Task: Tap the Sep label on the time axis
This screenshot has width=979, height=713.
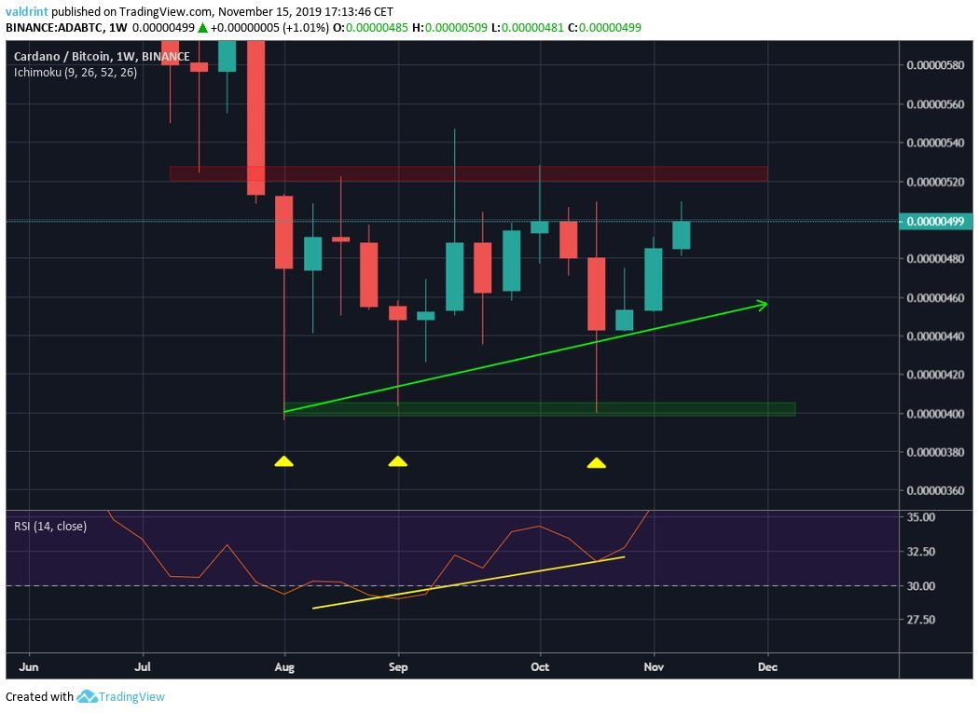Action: (398, 667)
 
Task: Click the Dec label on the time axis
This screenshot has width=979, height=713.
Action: (767, 667)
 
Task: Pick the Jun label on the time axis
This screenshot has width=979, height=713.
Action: (29, 667)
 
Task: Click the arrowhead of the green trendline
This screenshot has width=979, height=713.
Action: (763, 304)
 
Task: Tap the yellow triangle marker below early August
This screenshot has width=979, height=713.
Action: (284, 460)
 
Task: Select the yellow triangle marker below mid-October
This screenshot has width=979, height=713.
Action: (596, 462)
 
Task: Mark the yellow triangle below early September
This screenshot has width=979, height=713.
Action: (398, 460)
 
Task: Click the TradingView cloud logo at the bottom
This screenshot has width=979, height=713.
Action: (88, 696)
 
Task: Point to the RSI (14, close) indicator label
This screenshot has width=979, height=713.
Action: (50, 527)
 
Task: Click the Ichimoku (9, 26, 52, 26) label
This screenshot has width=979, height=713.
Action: (76, 72)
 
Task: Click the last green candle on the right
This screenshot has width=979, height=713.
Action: (682, 235)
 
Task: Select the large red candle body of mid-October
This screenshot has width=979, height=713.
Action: (596, 294)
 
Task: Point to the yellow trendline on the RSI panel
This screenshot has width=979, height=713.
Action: (466, 583)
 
